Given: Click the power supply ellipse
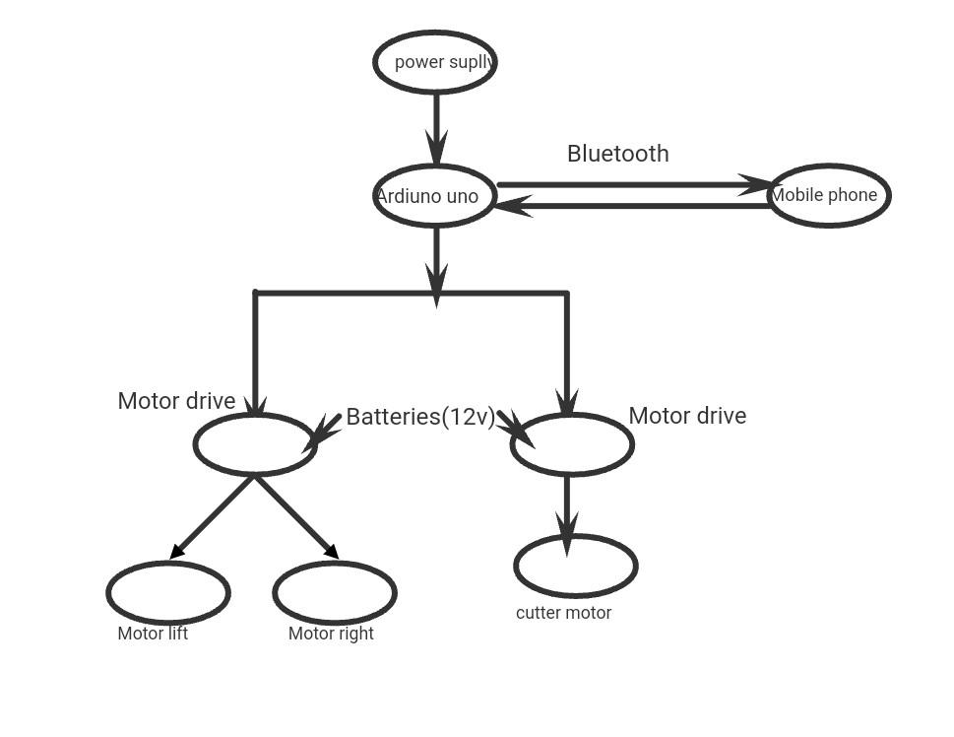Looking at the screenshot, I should click(x=435, y=62).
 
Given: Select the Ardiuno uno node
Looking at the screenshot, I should click(x=435, y=196).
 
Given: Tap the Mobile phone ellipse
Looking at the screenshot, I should click(x=829, y=195).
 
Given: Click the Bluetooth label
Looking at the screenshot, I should click(x=618, y=154).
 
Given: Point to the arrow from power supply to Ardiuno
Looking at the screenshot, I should click(x=436, y=128).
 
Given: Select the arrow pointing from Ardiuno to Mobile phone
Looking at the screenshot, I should click(x=630, y=184).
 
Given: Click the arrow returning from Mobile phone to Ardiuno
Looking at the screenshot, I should click(x=630, y=206).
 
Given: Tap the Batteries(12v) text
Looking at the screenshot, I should click(x=420, y=417).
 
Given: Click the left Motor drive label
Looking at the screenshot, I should click(x=176, y=401).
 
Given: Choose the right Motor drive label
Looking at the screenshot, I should click(x=687, y=416).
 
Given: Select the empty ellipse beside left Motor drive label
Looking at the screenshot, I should click(x=255, y=444).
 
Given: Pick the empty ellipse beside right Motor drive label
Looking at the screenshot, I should click(x=572, y=444).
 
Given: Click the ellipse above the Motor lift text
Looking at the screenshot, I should click(x=168, y=592).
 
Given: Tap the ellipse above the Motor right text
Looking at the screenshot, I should click(x=335, y=592).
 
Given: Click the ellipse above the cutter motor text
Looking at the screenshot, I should click(x=576, y=566).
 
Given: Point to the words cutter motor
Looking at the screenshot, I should click(x=563, y=613).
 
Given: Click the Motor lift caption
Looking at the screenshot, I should click(x=153, y=634).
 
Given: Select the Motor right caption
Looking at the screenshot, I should click(x=331, y=634).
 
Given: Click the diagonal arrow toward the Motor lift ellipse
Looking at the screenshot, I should click(x=213, y=517).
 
